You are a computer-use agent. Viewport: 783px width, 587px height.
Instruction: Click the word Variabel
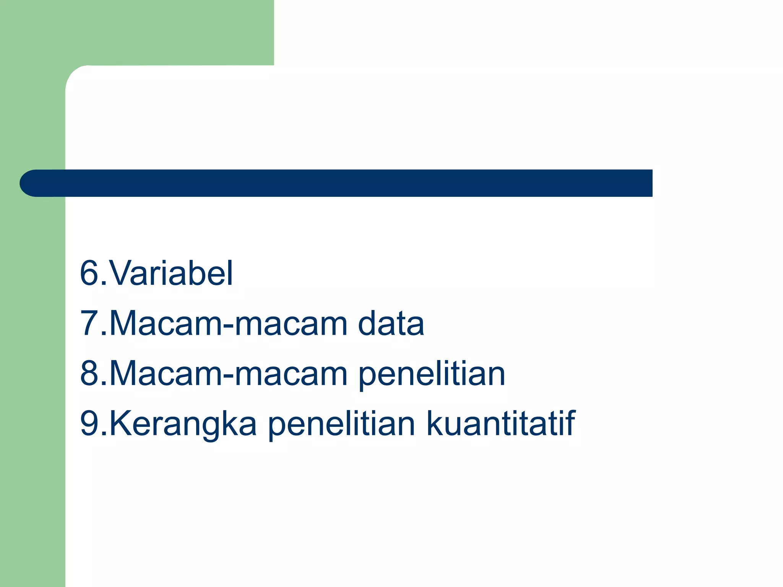[171, 273]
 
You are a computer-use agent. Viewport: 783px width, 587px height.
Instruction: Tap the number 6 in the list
[89, 273]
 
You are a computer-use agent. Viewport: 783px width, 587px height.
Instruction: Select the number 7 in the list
[89, 323]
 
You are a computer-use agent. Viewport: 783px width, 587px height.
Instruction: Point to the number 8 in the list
[89, 373]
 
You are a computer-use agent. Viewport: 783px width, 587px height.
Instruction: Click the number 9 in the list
[89, 423]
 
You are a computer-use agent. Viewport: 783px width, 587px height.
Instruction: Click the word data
[391, 323]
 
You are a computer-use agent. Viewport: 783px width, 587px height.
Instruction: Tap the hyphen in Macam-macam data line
[228, 326]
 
